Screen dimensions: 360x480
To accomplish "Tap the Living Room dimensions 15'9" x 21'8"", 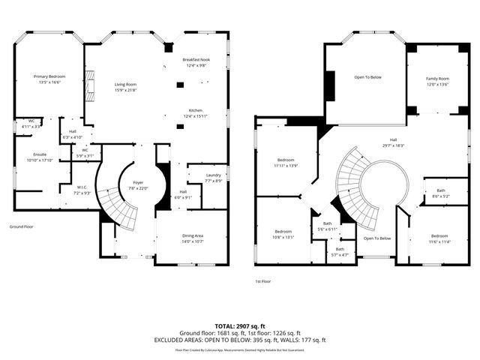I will click(x=125, y=91).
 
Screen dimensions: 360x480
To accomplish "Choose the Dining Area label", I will click(x=193, y=235).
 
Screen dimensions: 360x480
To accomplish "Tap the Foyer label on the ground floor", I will click(x=138, y=182).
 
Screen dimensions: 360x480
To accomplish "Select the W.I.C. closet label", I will click(x=82, y=187).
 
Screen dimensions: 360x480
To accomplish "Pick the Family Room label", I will click(x=437, y=79).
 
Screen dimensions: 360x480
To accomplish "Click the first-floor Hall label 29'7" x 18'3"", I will click(x=393, y=140).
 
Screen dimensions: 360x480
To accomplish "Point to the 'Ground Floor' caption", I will click(x=22, y=225).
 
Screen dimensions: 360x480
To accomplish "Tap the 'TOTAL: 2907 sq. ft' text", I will click(x=240, y=325).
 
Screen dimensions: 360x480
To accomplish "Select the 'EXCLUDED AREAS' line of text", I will click(x=240, y=339).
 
